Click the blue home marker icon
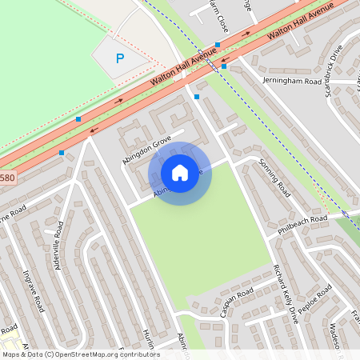(x=180, y=173)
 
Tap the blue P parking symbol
(x=120, y=58)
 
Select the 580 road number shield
(x=6, y=178)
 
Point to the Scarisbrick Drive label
(x=334, y=70)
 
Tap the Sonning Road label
(x=274, y=177)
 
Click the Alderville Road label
(x=59, y=245)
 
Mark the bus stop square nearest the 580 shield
(x=62, y=152)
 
